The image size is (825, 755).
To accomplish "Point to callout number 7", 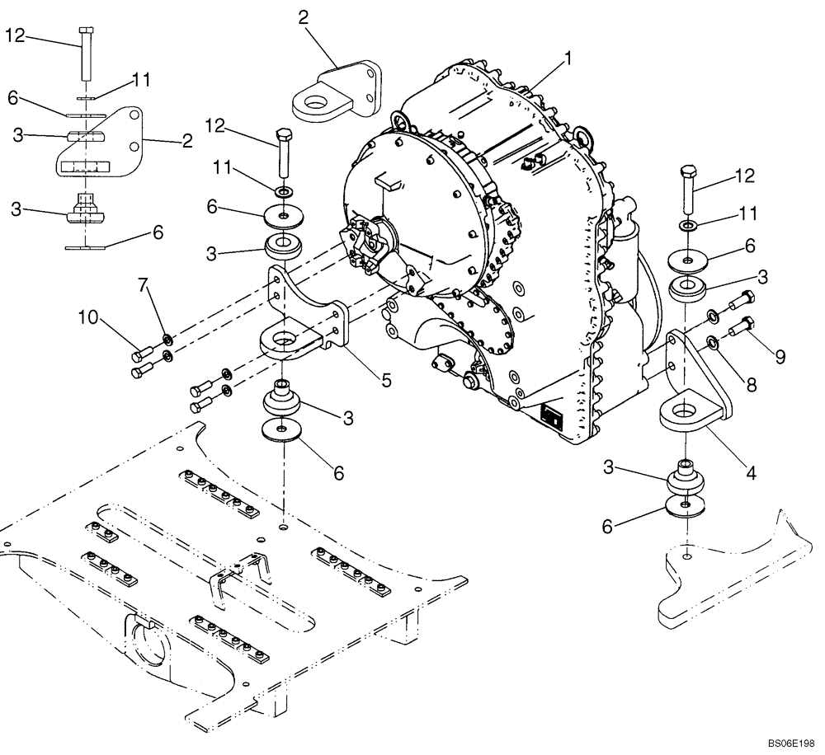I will pos(144,286).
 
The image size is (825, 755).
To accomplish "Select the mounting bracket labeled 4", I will pos(695,388).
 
